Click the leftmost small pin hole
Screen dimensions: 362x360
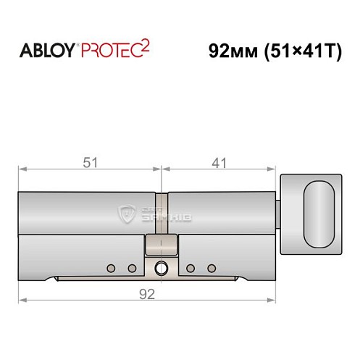coord(111,269)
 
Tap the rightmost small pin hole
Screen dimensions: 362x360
coord(212,269)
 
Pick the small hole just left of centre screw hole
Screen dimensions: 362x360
coord(132,269)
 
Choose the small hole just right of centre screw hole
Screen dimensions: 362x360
coord(191,269)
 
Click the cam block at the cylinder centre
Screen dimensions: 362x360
coord(159,244)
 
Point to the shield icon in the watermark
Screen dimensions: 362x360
coord(127,214)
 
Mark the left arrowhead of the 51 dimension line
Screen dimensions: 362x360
coord(22,172)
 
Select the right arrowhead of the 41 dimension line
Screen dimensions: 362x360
coord(274,172)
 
